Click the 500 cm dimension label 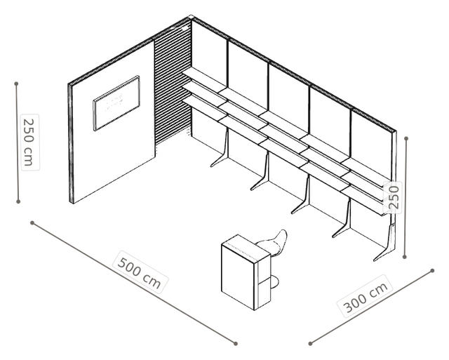[140, 273]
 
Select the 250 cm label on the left [29, 142]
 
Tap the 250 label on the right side [393, 197]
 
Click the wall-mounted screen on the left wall [116, 103]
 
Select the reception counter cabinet [246, 273]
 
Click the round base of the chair [274, 282]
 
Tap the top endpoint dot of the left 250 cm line [16, 84]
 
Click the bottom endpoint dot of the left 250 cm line [18, 201]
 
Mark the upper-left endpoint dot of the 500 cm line [32, 222]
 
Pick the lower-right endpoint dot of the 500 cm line [236, 343]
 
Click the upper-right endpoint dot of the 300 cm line [432, 270]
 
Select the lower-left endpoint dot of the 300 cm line [310, 343]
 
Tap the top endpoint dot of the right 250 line [406, 139]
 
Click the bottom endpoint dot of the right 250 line [404, 257]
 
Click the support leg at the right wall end [386, 244]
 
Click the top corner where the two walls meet [192, 17]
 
